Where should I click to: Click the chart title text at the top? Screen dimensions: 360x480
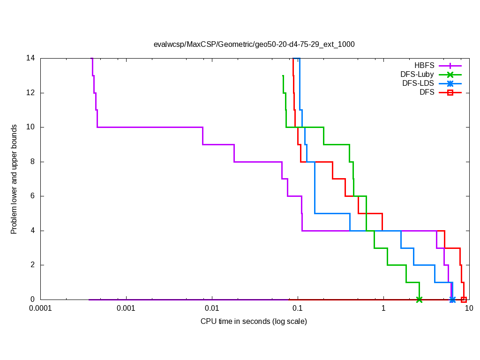[254, 45]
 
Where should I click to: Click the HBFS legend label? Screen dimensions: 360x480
[424, 66]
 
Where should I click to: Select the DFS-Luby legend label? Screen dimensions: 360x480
[417, 75]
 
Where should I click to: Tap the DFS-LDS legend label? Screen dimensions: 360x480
[418, 83]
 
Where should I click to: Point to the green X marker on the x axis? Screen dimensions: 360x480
[419, 300]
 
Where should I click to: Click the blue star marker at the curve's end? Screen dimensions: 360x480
[452, 300]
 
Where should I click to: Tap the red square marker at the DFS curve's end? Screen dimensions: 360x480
[464, 300]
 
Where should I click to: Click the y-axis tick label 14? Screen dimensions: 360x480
[30, 59]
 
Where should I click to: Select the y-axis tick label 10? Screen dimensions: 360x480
[30, 127]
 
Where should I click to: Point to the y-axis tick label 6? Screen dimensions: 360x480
[32, 196]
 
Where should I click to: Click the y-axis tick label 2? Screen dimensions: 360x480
[32, 265]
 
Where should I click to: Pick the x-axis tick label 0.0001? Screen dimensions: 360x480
[40, 308]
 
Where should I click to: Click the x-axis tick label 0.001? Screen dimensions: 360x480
[126, 308]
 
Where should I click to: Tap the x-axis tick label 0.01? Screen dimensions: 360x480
[212, 308]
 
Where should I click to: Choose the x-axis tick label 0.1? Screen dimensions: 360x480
[298, 308]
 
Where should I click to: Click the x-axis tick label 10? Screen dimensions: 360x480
[469, 308]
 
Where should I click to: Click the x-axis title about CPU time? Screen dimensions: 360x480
[254, 322]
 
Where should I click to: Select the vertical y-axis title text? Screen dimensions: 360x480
[14, 179]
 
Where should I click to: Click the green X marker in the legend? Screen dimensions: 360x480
[450, 75]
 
